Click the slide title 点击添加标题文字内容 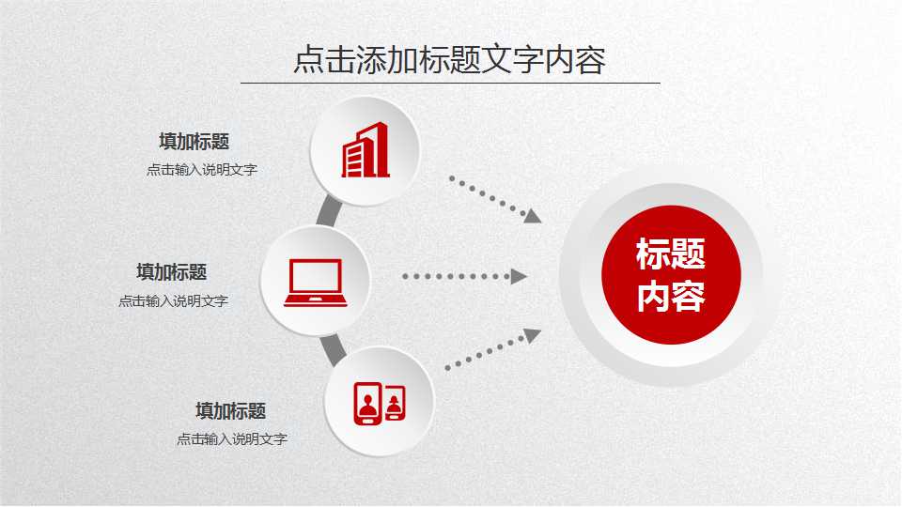449,59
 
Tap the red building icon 365,150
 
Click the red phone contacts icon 379,402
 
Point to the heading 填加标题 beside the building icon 194,142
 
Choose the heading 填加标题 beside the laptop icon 171,272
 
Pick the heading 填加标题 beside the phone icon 230,410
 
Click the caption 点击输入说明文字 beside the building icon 201,170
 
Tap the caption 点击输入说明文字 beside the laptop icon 173,301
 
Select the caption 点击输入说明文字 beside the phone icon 231,438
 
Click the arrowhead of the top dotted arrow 533,216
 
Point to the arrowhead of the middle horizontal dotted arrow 518,276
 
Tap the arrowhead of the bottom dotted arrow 532,335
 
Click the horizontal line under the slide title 449,83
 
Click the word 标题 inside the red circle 671,254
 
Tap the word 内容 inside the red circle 671,298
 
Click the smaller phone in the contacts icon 395,404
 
